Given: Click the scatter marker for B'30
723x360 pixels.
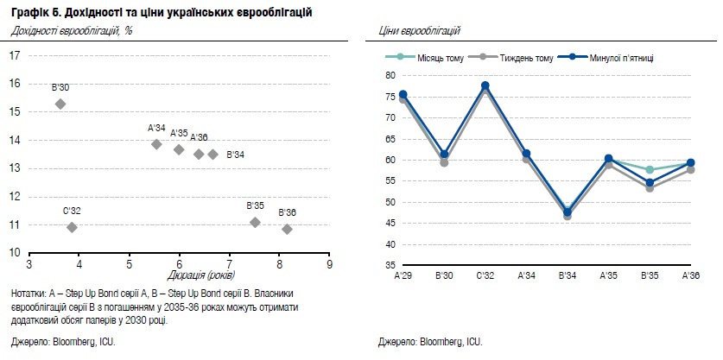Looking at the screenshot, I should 60,104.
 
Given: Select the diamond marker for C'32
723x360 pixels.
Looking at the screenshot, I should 72,227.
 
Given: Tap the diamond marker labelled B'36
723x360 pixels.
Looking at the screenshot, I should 287,229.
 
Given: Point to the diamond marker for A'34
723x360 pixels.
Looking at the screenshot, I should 156,144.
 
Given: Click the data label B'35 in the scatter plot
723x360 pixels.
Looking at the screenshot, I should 255,206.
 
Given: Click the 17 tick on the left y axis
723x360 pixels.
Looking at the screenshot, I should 15,56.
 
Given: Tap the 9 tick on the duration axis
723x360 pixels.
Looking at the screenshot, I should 329,264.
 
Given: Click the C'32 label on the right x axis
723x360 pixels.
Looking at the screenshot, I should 485,275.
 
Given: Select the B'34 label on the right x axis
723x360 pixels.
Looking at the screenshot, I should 568,275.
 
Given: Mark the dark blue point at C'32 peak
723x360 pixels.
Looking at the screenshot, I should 485,85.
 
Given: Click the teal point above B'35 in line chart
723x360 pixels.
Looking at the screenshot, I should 650,170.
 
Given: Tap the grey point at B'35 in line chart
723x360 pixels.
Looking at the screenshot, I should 650,187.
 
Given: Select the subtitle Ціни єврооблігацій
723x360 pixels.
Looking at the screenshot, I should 419,31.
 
